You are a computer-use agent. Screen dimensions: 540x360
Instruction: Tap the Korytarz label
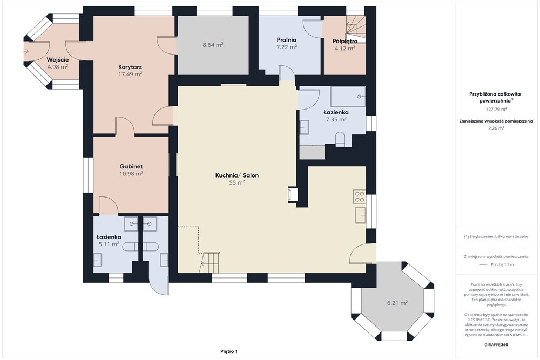[130, 67]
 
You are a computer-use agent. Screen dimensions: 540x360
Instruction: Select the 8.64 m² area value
[213, 45]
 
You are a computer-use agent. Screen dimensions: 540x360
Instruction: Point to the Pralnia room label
[287, 40]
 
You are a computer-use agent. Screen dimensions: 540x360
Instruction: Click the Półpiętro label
[345, 42]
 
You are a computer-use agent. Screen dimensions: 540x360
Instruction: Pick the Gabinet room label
[131, 167]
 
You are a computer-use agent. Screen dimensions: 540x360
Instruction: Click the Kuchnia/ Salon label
[237, 175]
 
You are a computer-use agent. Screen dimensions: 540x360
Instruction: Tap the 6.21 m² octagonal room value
[397, 303]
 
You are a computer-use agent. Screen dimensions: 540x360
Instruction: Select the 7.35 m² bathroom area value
[336, 119]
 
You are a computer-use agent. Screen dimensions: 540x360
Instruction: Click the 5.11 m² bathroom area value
[109, 244]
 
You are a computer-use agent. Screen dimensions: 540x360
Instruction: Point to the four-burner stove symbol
[359, 196]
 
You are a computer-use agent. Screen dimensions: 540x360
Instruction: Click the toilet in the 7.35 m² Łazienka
[340, 139]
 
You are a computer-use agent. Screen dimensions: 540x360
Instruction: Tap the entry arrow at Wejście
[26, 51]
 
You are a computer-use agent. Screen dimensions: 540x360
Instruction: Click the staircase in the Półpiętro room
[356, 29]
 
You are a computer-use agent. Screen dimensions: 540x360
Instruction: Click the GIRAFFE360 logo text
[496, 344]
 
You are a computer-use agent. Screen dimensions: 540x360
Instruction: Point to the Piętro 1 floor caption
[229, 351]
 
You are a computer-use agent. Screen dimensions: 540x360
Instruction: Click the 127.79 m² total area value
[496, 110]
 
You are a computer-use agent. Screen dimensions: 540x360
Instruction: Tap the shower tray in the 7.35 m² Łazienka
[348, 97]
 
